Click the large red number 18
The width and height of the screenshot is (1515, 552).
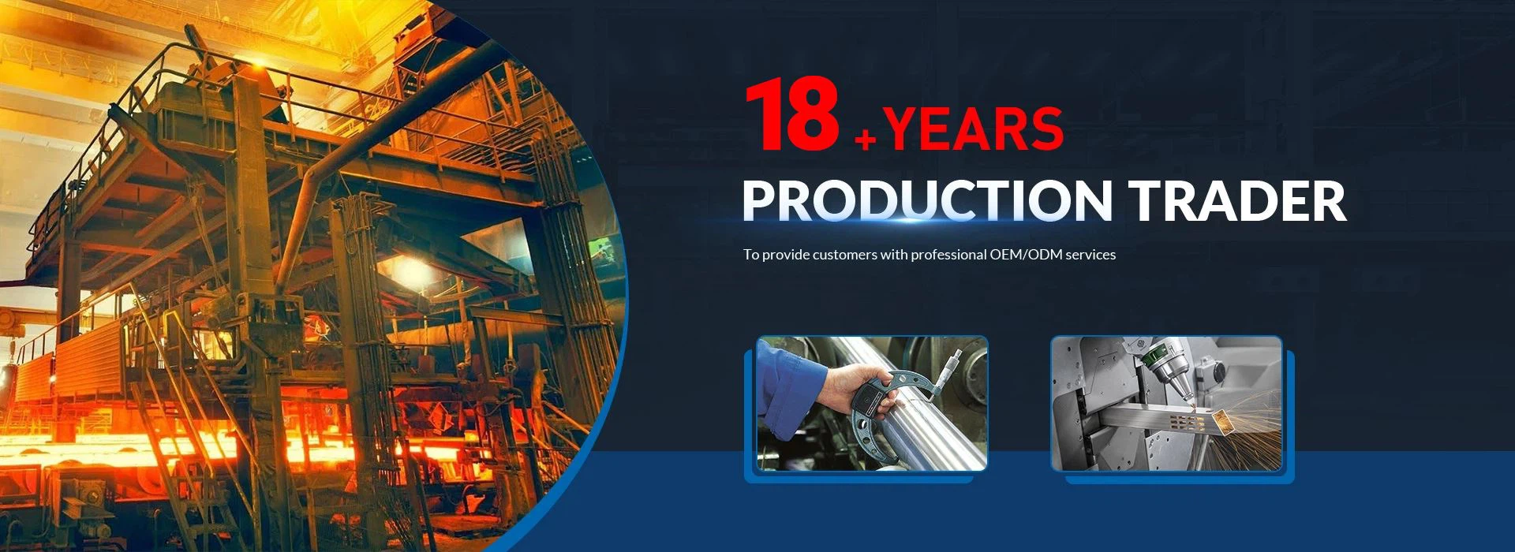[792, 114]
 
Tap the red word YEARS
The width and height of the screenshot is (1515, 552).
[974, 129]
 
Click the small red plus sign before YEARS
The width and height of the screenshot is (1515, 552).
[866, 140]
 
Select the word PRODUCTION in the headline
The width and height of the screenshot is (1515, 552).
[927, 200]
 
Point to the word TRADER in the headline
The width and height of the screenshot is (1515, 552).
[1237, 200]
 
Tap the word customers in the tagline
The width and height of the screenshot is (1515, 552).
[845, 255]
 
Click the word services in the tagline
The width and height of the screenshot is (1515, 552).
[1090, 255]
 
